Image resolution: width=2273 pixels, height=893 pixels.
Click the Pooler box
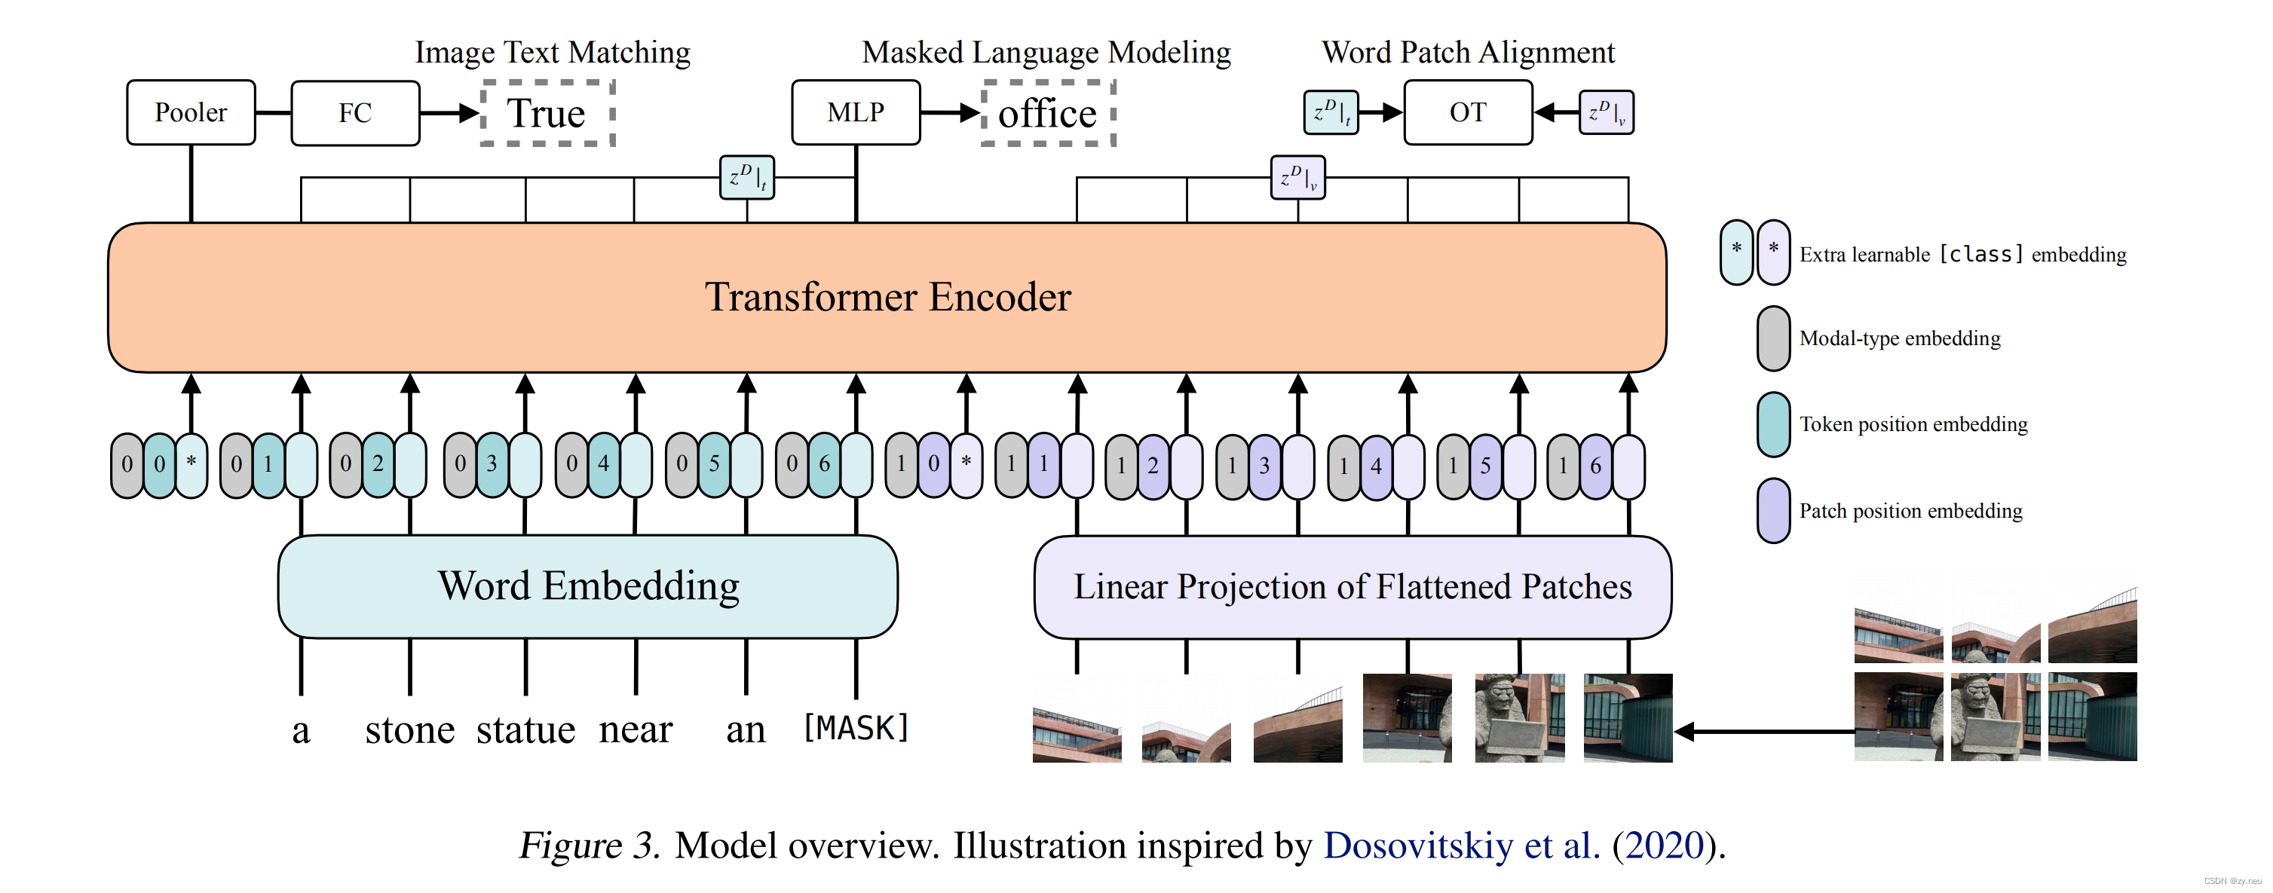point(191,112)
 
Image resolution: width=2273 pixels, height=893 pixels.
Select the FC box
point(355,112)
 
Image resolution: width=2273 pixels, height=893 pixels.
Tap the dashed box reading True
point(547,113)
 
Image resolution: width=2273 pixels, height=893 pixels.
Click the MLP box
point(855,112)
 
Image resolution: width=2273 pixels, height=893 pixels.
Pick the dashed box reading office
point(1048,113)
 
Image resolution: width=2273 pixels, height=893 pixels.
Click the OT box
point(1467,112)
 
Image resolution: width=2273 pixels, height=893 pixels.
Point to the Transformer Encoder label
point(887,296)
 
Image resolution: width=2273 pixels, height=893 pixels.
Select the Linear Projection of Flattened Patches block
point(1352,587)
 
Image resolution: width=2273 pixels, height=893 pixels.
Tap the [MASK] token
point(855,728)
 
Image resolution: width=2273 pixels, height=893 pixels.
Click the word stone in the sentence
point(409,729)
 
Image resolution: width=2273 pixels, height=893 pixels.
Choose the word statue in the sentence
point(526,729)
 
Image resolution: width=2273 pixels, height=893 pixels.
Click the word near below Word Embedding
point(636,729)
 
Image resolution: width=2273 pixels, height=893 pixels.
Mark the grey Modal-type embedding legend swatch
point(1772,338)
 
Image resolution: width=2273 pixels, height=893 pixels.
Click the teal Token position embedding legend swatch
point(1772,424)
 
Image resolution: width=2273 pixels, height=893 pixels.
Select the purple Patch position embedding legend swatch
point(1772,510)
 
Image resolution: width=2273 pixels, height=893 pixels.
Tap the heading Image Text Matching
point(553,52)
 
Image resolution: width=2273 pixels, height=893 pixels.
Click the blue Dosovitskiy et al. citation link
point(1461,845)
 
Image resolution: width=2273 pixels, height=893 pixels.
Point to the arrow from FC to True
point(449,113)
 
